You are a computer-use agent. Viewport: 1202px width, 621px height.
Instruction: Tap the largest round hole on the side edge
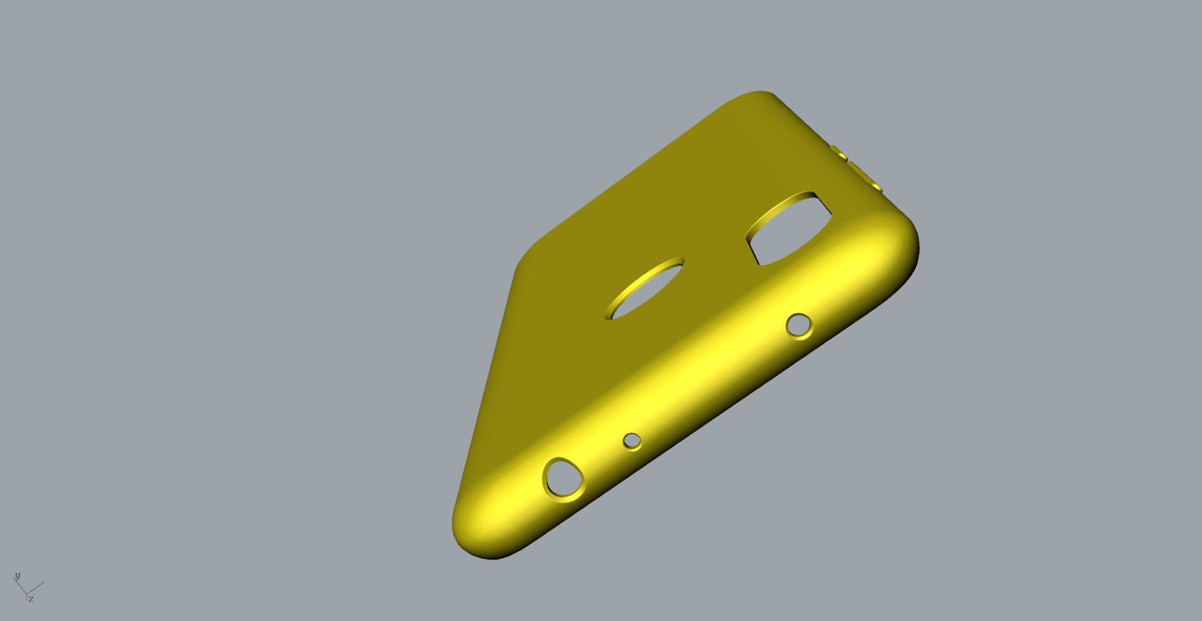pyautogui.click(x=563, y=479)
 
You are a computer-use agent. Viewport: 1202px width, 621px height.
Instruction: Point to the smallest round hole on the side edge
pyautogui.click(x=631, y=441)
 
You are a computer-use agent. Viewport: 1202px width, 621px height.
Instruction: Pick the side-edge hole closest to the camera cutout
pyautogui.click(x=798, y=326)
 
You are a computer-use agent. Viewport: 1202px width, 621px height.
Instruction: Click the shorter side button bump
pyautogui.click(x=838, y=152)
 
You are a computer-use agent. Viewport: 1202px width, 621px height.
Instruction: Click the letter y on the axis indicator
pyautogui.click(x=17, y=576)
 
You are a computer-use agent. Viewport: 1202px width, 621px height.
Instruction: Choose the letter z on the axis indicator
pyautogui.click(x=31, y=598)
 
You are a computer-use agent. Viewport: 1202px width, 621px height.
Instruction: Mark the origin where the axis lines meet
pyautogui.click(x=26, y=593)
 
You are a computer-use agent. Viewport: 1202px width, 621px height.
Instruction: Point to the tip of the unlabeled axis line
pyautogui.click(x=44, y=583)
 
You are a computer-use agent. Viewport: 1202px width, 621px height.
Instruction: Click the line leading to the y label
pyautogui.click(x=21, y=585)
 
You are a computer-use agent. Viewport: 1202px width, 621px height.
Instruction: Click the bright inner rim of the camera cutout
pyautogui.click(x=777, y=205)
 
